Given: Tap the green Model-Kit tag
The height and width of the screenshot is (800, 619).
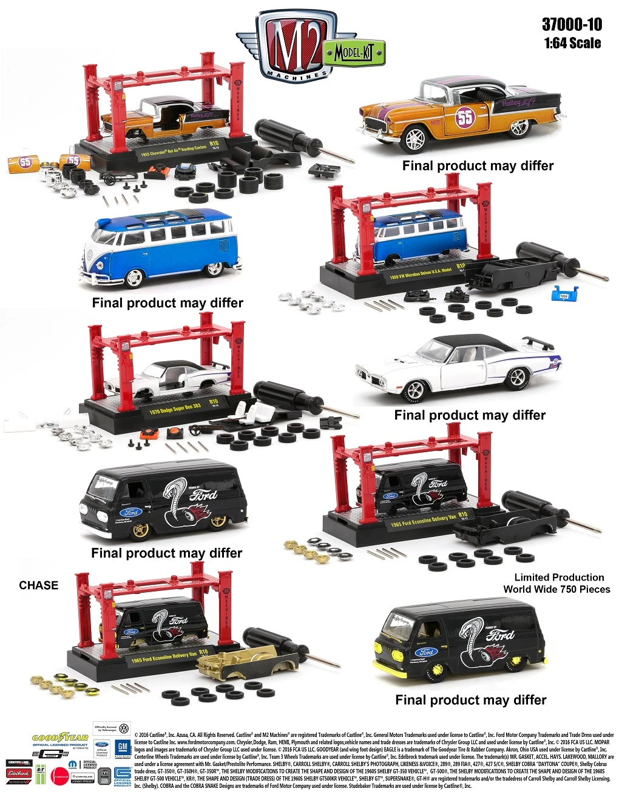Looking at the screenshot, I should tap(356, 53).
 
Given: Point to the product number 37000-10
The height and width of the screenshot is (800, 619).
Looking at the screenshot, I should tap(572, 24).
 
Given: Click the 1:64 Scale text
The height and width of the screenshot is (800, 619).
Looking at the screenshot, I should tap(572, 43).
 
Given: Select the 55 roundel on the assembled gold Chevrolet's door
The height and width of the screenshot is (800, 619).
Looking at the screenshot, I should tap(465, 117).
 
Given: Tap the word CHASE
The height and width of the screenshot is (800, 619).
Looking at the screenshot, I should tap(38, 585).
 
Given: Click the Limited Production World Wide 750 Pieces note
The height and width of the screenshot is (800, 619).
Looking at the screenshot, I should tap(556, 583).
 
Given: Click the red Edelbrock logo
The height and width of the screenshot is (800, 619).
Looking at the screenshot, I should tap(18, 773).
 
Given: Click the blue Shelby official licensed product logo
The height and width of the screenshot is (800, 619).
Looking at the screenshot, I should tap(123, 776).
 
